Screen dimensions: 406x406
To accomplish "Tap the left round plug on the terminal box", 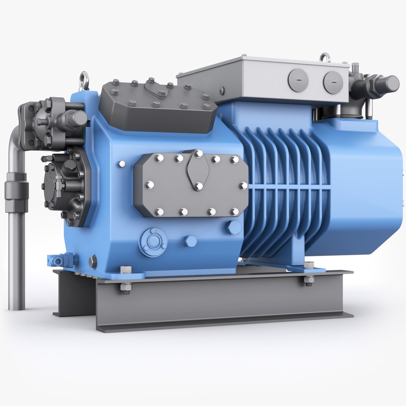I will pos(298,80).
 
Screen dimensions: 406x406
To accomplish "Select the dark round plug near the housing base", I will pos(92,262).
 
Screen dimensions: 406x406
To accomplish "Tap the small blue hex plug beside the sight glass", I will pos(190,241).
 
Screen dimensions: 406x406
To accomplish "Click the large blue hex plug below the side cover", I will pos(233,227).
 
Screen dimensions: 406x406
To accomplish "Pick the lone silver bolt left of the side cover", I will pos(121,164).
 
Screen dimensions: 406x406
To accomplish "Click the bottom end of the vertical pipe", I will pos(16,306).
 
